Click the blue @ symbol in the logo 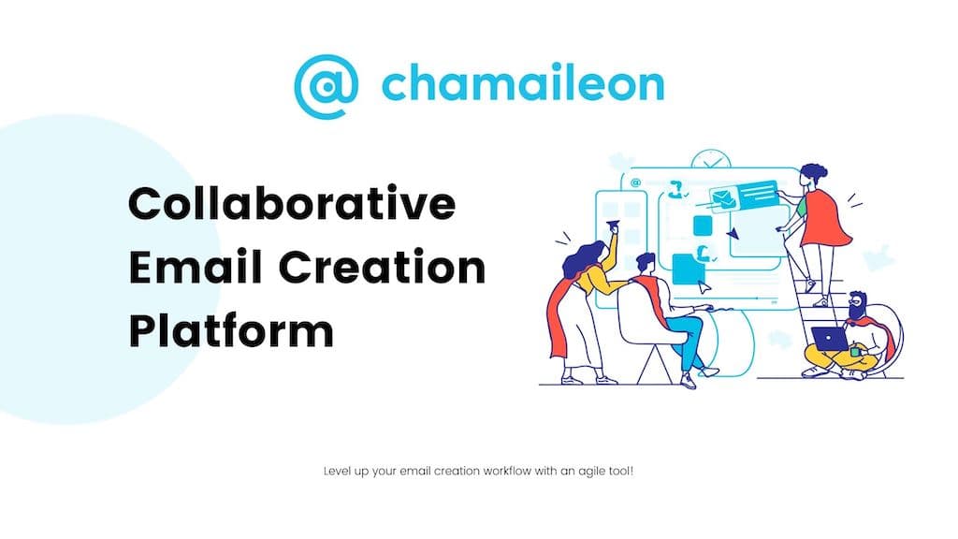pyautogui.click(x=326, y=86)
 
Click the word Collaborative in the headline pyautogui.click(x=292, y=203)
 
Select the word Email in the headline pyautogui.click(x=196, y=267)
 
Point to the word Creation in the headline pyautogui.click(x=382, y=267)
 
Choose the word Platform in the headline pyautogui.click(x=232, y=330)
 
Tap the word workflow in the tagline pyautogui.click(x=507, y=471)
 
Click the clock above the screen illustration pyautogui.click(x=711, y=159)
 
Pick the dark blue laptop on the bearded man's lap pyautogui.click(x=829, y=339)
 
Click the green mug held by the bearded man pyautogui.click(x=855, y=352)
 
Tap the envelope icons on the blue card pyautogui.click(x=723, y=198)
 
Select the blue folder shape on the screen pyautogui.click(x=689, y=269)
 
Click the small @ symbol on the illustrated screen pyautogui.click(x=635, y=182)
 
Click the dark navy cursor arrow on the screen pyautogui.click(x=732, y=233)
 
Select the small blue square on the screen pyautogui.click(x=703, y=226)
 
